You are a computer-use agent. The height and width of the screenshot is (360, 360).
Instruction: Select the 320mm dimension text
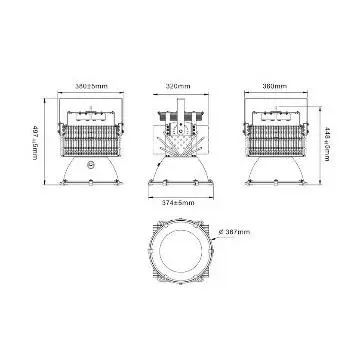(177, 88)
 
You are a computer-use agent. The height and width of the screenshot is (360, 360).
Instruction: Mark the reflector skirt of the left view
(93, 174)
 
